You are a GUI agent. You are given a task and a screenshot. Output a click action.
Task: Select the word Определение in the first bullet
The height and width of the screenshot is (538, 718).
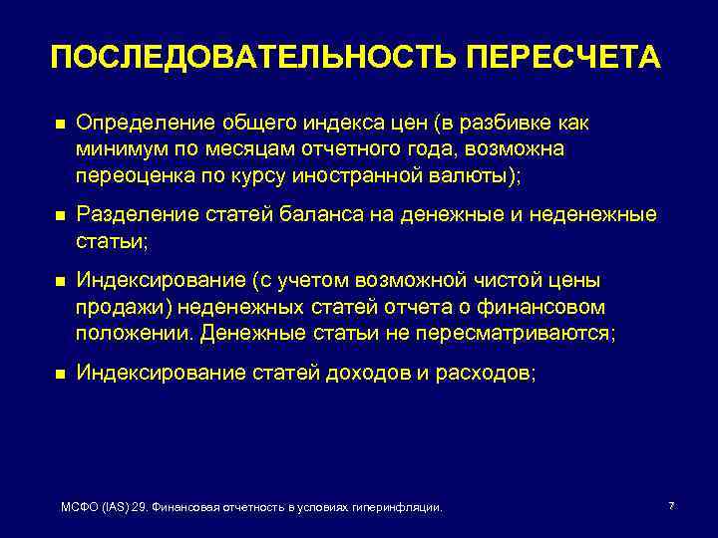136,123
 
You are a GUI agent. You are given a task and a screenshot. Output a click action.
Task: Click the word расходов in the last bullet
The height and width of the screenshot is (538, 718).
488,373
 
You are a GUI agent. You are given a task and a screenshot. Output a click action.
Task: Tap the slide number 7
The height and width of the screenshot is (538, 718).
671,506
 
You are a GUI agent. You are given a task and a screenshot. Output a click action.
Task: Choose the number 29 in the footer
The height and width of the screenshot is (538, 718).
139,508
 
